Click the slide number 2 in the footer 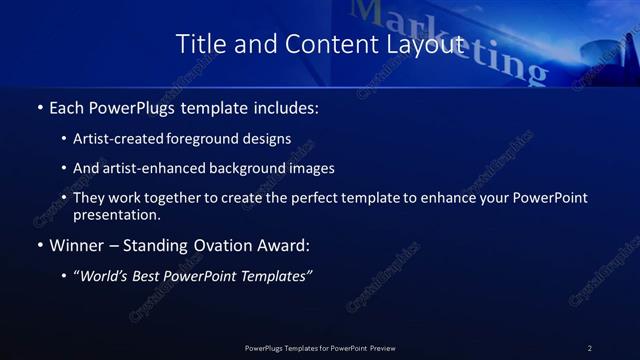pyautogui.click(x=590, y=347)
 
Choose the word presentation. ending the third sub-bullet pyautogui.click(x=116, y=215)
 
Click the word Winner pyautogui.click(x=77, y=245)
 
